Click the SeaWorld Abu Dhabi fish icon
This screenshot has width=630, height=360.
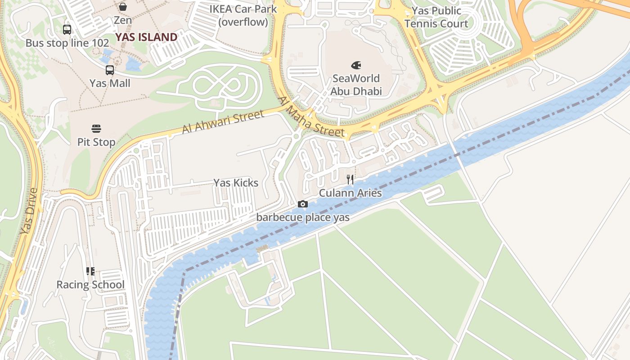tap(356, 65)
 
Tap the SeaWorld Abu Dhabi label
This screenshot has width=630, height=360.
tap(356, 85)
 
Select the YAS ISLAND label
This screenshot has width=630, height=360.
tap(146, 37)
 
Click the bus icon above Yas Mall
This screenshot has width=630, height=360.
tap(110, 70)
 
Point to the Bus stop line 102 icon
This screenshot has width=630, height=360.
tap(67, 30)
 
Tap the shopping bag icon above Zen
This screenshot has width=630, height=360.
tap(123, 7)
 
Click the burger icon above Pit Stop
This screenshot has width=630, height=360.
tap(96, 129)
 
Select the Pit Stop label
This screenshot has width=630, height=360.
tap(96, 142)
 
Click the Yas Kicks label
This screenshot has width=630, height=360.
tap(236, 183)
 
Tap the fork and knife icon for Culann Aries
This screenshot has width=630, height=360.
tap(350, 180)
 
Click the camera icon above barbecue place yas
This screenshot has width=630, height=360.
tap(303, 204)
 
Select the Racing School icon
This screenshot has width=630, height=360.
tap(90, 271)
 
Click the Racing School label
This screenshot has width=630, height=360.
tap(90, 285)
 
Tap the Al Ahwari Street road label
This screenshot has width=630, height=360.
tap(223, 122)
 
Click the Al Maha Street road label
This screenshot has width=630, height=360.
tap(310, 118)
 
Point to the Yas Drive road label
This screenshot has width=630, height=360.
tap(29, 211)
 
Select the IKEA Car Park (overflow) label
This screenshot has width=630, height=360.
tap(243, 15)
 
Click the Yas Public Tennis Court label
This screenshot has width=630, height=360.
tap(436, 17)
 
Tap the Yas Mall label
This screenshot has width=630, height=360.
tap(110, 83)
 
